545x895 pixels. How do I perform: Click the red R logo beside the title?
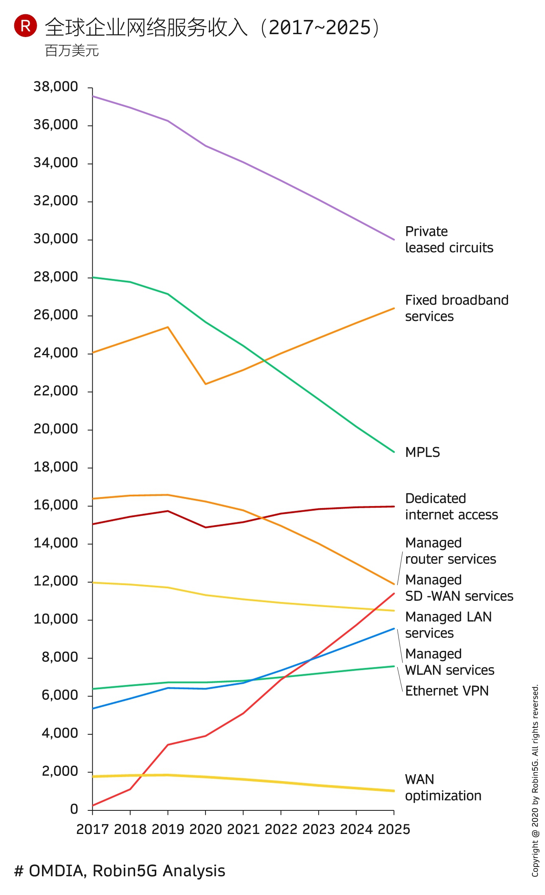click(x=25, y=26)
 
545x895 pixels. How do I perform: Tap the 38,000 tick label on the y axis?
click(x=56, y=87)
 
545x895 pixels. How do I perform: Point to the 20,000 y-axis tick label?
click(x=56, y=429)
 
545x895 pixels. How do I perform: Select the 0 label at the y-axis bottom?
click(x=74, y=809)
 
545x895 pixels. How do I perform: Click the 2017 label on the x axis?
click(x=93, y=830)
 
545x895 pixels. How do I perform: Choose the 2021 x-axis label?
click(x=243, y=830)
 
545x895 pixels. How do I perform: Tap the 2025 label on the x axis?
click(x=394, y=830)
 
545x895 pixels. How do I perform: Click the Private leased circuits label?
click(x=449, y=240)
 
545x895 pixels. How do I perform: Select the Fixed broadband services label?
click(x=457, y=308)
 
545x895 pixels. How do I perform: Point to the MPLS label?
click(x=422, y=452)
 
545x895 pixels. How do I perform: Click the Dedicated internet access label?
click(x=451, y=506)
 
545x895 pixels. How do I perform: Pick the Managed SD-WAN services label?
click(x=459, y=588)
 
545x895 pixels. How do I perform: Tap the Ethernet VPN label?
click(x=447, y=691)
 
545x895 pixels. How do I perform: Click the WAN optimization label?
click(x=443, y=788)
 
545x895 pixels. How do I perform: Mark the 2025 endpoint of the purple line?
click(x=394, y=240)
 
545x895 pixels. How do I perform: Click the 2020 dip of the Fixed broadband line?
click(x=206, y=384)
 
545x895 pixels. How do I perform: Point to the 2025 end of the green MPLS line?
click(x=394, y=452)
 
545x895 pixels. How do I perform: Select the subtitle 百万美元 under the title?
click(x=72, y=51)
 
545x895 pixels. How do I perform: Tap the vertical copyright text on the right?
click(x=535, y=781)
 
